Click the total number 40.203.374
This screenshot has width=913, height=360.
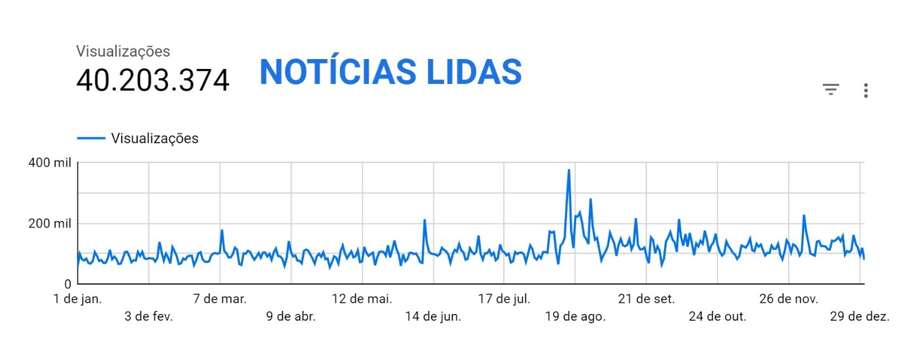point(153,81)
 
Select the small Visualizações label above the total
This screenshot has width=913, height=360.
point(123,51)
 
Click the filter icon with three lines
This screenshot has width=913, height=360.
point(831,90)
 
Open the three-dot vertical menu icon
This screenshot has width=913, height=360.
point(866,91)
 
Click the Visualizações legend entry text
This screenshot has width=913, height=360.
point(155,138)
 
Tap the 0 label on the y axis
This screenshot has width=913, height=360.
point(68,284)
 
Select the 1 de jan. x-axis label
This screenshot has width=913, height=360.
point(78,299)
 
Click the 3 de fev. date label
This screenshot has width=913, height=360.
point(149,316)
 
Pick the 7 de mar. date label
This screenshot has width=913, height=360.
point(220,299)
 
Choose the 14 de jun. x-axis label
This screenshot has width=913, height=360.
point(433,316)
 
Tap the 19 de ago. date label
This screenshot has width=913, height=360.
point(576,316)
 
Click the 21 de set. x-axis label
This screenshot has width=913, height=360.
point(646,299)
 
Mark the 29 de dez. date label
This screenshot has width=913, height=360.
point(860,316)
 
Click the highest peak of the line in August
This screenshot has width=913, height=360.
point(569,170)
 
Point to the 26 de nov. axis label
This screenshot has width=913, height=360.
point(789,299)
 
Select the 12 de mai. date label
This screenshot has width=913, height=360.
point(362,299)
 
